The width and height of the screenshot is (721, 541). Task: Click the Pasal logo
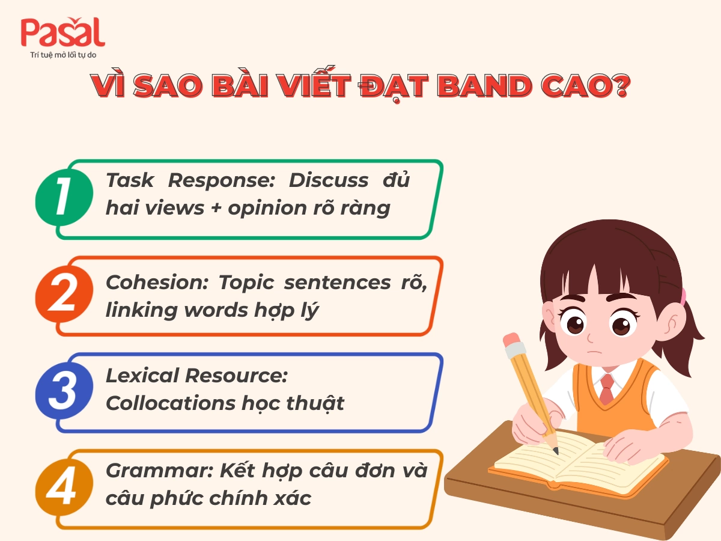(62, 33)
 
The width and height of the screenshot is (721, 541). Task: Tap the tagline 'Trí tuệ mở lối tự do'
(63, 55)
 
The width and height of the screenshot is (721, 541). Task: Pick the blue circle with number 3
(64, 390)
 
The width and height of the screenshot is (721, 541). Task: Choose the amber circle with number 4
(64, 487)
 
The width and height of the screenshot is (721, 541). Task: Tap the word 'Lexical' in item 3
(142, 375)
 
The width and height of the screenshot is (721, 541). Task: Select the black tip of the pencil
(555, 450)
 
